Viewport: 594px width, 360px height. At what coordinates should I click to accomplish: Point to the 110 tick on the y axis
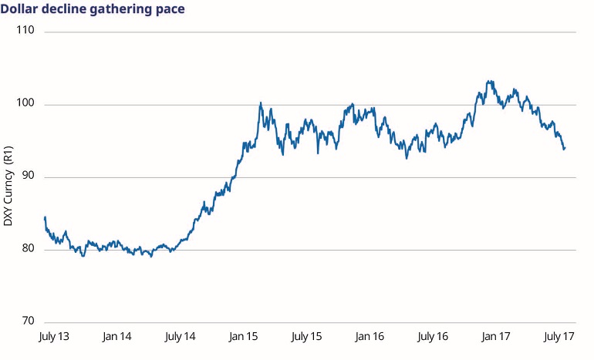[x=25, y=32]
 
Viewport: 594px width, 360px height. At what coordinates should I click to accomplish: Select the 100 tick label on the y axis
[x=25, y=105]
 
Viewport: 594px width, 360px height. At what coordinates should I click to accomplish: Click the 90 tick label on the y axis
[x=28, y=177]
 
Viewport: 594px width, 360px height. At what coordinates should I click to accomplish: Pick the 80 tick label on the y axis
[x=28, y=250]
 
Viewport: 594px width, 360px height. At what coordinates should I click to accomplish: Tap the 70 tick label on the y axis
[x=28, y=322]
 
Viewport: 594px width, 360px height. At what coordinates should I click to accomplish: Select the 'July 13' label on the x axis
[x=54, y=338]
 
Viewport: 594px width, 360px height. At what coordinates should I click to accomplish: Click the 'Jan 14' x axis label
[x=116, y=338]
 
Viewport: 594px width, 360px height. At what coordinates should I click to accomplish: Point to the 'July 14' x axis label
[x=180, y=338]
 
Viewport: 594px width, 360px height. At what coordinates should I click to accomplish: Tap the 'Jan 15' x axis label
[x=243, y=338]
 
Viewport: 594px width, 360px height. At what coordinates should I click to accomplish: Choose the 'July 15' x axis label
[x=306, y=338]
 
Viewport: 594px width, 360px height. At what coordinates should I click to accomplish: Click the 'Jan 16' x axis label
[x=369, y=338]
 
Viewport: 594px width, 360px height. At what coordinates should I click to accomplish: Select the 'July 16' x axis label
[x=432, y=338]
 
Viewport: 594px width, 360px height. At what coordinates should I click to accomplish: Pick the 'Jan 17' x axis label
[x=494, y=338]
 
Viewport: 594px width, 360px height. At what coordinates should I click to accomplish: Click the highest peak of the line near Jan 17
[x=488, y=81]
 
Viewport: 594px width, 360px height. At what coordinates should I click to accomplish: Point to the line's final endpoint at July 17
[x=565, y=148]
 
